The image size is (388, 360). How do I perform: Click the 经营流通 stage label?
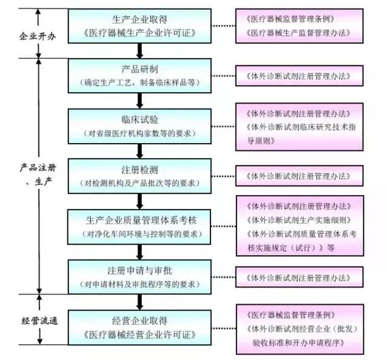pos(37,321)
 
